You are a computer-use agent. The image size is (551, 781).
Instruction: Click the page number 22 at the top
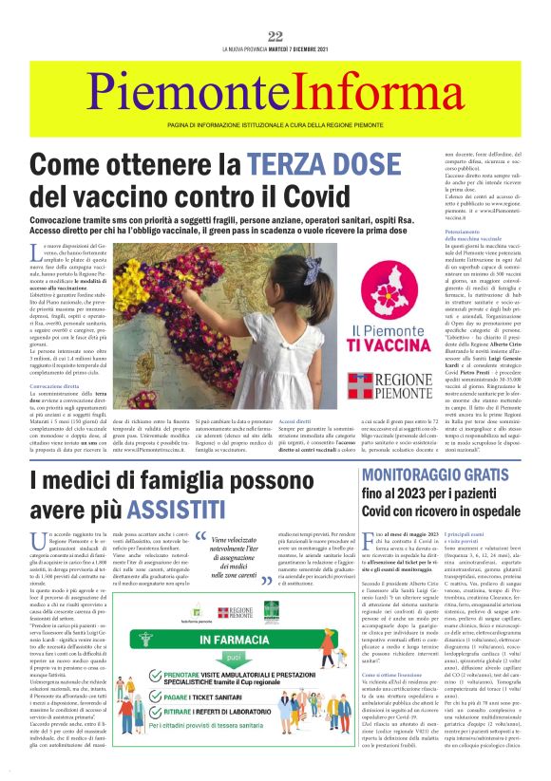click(275, 37)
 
